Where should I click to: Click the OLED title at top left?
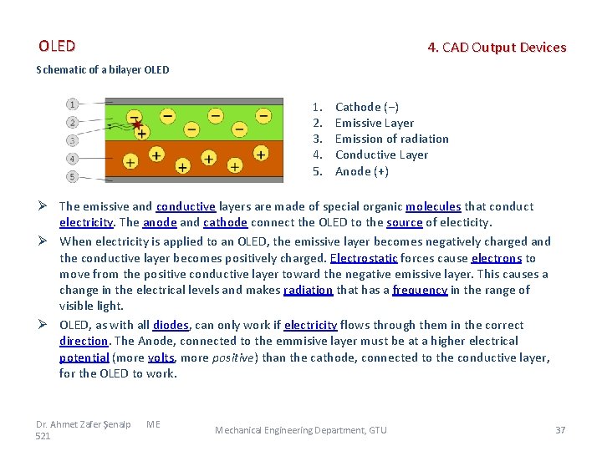point(57,46)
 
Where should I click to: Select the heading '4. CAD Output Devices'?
point(497,48)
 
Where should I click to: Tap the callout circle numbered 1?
point(73,104)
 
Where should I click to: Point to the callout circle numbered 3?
point(73,140)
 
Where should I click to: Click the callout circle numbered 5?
point(73,176)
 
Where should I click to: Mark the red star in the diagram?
point(136,125)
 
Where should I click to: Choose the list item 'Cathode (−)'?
point(367,107)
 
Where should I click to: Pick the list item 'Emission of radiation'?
point(391,139)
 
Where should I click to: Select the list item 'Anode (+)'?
point(362,171)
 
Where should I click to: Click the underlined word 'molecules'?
point(433,206)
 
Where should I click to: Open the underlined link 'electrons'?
point(497,258)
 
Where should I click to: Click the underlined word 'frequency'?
point(420,290)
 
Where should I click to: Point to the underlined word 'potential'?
point(84,357)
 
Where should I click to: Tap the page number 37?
point(560,430)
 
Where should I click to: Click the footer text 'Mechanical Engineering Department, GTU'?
point(301,430)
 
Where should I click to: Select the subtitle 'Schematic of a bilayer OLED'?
point(103,69)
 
